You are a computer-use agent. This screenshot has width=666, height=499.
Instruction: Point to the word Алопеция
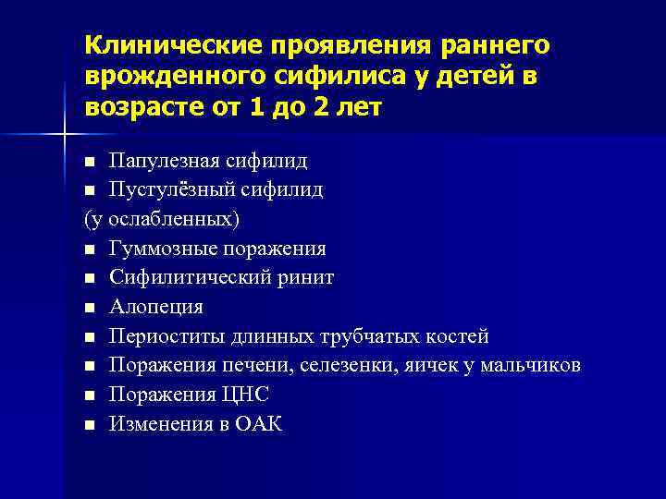(155, 307)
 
